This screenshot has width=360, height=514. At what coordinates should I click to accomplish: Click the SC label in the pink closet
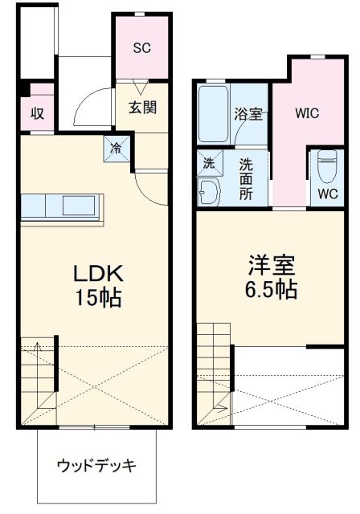pyautogui.click(x=141, y=47)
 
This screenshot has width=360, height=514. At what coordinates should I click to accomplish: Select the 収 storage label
pyautogui.click(x=37, y=113)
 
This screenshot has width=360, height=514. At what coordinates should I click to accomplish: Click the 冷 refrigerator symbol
pyautogui.click(x=115, y=147)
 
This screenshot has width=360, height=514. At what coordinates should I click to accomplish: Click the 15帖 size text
pyautogui.click(x=99, y=299)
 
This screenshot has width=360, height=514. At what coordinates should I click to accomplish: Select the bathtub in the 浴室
pyautogui.click(x=214, y=113)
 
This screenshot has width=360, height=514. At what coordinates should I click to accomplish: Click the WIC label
pyautogui.click(x=307, y=113)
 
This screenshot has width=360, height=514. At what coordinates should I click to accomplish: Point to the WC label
pyautogui.click(x=327, y=194)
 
